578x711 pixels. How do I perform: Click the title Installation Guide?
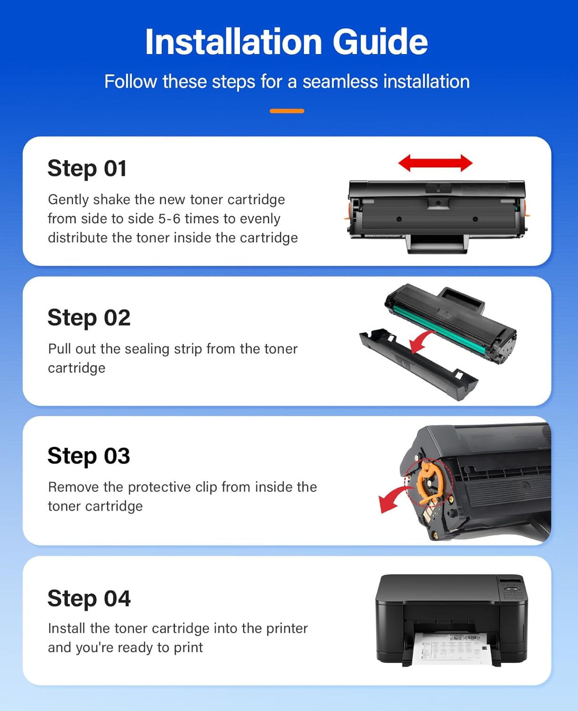(x=286, y=42)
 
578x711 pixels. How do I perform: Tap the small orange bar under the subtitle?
(x=287, y=111)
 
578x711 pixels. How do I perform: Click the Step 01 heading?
(x=87, y=168)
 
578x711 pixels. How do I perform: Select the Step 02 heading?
(x=89, y=318)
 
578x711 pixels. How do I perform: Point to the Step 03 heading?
(x=89, y=456)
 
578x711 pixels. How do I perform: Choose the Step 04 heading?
(x=89, y=598)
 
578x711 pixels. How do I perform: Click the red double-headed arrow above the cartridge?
(x=435, y=163)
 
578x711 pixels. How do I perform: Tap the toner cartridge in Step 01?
(x=437, y=213)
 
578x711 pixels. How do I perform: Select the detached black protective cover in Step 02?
(x=417, y=365)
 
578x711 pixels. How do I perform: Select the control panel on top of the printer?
(x=512, y=588)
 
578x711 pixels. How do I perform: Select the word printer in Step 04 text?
(x=287, y=629)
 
